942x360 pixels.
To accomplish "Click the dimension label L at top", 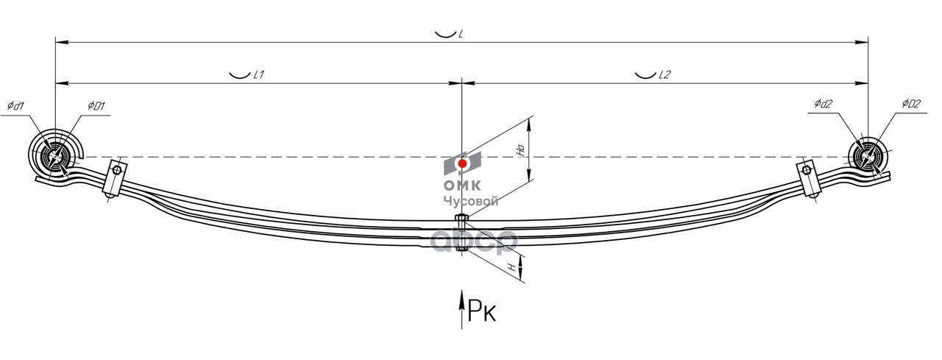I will [460, 35].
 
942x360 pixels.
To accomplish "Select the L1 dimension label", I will [258, 75].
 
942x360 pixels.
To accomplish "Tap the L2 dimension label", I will [665, 75].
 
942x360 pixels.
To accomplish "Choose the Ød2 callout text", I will [823, 105].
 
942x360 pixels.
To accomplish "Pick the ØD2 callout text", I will [910, 105].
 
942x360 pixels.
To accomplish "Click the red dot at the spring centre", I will [462, 163].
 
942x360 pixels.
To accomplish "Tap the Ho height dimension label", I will [520, 149].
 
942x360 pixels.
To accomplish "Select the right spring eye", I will [868, 157].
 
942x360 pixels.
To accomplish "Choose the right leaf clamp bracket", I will [810, 178].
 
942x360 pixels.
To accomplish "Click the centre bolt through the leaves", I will [461, 233].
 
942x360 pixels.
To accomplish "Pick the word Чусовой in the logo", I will [471, 201].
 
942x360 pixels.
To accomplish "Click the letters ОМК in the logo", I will [461, 186].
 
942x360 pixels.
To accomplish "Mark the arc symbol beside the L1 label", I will [239, 75].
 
